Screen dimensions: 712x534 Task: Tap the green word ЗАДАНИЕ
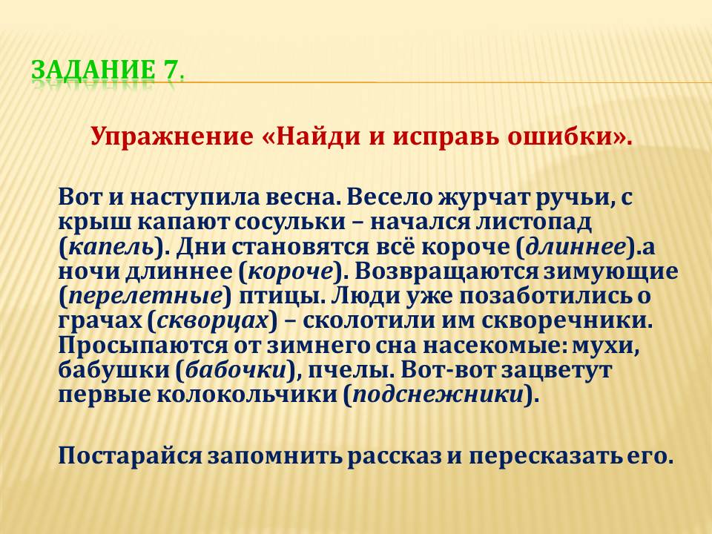[93, 70]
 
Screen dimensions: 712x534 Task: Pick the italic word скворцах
[213, 321]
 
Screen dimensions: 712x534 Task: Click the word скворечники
[566, 321]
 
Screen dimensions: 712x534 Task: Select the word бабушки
[113, 369]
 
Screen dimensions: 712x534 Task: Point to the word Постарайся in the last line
[130, 455]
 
